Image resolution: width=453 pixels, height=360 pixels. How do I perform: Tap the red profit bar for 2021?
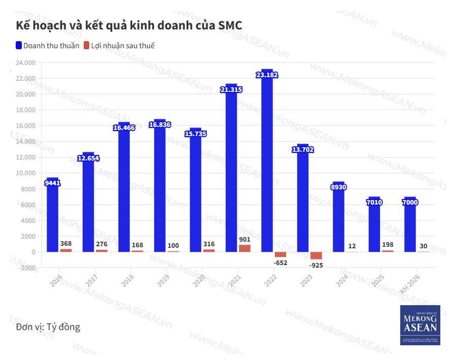(x=245, y=248)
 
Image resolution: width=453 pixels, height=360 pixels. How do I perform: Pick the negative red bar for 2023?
(x=316, y=255)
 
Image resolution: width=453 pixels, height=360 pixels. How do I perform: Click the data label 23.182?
(x=267, y=75)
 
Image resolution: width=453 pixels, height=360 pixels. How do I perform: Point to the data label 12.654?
(x=88, y=158)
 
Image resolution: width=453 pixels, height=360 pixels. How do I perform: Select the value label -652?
(x=280, y=263)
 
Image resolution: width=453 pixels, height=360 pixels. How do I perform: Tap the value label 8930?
(x=338, y=187)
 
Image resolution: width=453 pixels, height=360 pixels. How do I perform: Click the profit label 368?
(x=66, y=244)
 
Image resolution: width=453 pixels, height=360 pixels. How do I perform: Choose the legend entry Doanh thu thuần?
(x=48, y=46)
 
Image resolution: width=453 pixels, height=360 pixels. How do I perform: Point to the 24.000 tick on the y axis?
(x=25, y=62)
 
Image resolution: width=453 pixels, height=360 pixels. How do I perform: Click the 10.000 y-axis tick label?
(x=25, y=173)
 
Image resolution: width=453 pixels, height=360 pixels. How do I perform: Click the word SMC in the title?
(x=230, y=25)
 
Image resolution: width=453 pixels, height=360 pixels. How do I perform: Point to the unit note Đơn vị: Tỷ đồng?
(x=48, y=326)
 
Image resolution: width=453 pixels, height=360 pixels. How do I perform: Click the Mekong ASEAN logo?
(x=420, y=325)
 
